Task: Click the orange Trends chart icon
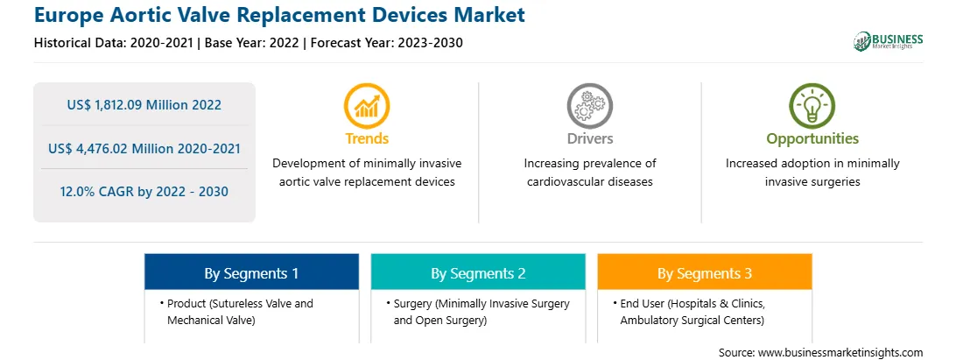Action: pyautogui.click(x=367, y=106)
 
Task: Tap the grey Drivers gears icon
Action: pyautogui.click(x=589, y=106)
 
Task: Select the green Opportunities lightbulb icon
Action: pyautogui.click(x=812, y=106)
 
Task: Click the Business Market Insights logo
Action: pyautogui.click(x=888, y=41)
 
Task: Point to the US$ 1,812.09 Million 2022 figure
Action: pyautogui.click(x=144, y=105)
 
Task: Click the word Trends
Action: pyautogui.click(x=367, y=138)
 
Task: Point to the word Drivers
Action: pyautogui.click(x=589, y=138)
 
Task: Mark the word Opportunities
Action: pyautogui.click(x=812, y=139)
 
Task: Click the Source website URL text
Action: pyautogui.click(x=840, y=353)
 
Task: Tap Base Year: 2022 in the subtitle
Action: pyautogui.click(x=252, y=43)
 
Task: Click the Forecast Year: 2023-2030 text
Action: pyautogui.click(x=384, y=43)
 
